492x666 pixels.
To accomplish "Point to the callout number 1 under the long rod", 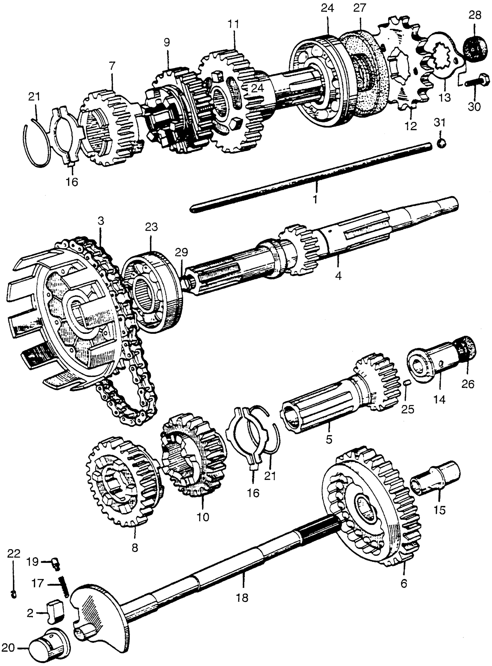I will (x=315, y=199).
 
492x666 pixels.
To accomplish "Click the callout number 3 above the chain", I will (x=101, y=221).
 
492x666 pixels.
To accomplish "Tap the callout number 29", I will (x=181, y=253).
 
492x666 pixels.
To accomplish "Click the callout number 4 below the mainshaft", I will (x=338, y=276).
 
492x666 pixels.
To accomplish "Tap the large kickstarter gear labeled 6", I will (x=371, y=503).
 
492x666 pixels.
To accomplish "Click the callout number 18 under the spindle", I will (x=243, y=597).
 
